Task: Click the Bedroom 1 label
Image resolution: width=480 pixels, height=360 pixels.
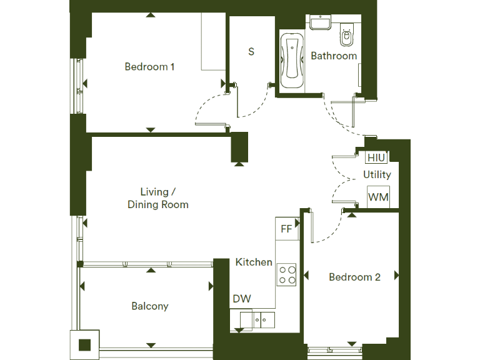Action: click(149, 67)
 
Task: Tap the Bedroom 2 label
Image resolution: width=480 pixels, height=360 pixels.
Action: click(354, 277)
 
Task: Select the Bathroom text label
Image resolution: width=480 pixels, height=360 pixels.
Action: click(334, 56)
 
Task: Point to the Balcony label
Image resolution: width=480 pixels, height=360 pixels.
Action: click(150, 306)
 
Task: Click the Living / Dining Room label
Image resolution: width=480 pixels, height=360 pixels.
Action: click(158, 198)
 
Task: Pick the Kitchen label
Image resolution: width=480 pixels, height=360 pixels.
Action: click(254, 262)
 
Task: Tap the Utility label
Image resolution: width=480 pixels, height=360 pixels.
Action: click(377, 174)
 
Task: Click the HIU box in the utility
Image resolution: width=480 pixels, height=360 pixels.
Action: click(376, 158)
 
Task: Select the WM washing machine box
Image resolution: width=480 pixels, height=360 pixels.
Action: click(378, 197)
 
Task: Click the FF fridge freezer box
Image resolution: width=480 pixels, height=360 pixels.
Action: click(286, 229)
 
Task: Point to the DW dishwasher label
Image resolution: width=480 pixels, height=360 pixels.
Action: click(242, 299)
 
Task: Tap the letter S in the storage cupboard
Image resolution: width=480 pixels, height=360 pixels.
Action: click(251, 52)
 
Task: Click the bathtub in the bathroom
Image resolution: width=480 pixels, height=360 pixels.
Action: click(291, 61)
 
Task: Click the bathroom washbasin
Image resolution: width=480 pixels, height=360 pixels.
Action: click(321, 24)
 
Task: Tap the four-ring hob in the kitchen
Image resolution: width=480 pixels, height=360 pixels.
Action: click(287, 275)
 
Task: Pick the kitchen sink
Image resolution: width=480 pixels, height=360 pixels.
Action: click(263, 319)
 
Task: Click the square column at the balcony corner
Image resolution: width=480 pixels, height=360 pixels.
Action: click(84, 344)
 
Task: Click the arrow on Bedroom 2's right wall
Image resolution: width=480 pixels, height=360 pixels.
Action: click(396, 275)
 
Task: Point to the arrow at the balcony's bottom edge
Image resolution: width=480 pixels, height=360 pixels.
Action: click(150, 344)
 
